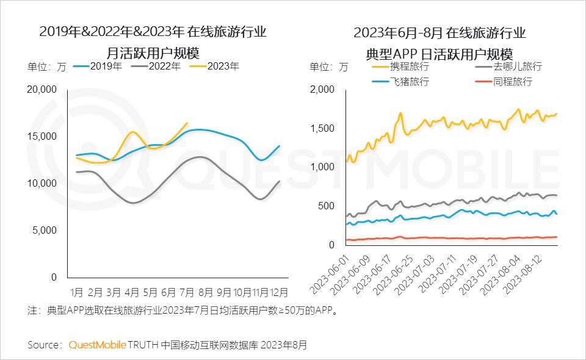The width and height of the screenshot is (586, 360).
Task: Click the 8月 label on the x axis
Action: pyautogui.click(x=206, y=292)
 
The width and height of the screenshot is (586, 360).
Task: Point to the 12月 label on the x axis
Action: pyautogui.click(x=279, y=292)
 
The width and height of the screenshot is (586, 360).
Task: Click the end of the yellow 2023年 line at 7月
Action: pyautogui.click(x=187, y=123)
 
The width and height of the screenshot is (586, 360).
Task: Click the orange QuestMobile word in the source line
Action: pyautogui.click(x=97, y=345)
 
